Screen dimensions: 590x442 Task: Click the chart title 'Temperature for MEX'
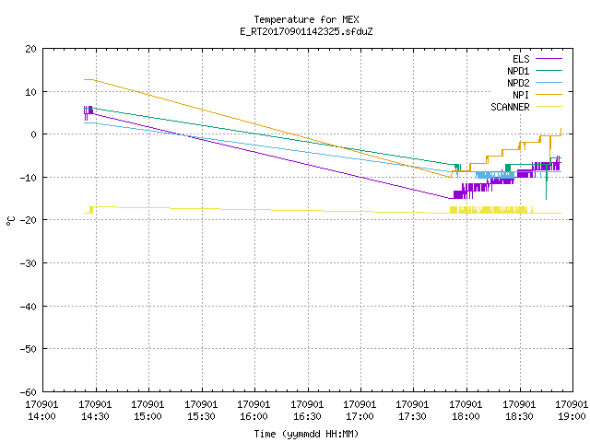tap(306, 19)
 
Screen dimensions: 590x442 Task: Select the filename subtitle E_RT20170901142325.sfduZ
tap(306, 31)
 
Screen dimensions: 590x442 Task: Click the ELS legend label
tap(521, 59)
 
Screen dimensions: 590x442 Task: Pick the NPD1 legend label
tap(518, 71)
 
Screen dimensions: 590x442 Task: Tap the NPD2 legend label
tap(518, 83)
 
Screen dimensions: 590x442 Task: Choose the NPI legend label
tap(521, 95)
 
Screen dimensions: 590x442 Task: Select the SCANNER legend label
tap(510, 107)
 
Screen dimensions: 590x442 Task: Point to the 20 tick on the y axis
tap(30, 49)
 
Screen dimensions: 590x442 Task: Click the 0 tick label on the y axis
tap(33, 134)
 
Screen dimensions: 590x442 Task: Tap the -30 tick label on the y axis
tap(29, 263)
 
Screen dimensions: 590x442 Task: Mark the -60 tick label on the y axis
tap(29, 392)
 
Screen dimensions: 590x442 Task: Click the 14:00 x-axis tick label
tap(42, 416)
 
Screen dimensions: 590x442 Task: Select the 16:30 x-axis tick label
tap(307, 416)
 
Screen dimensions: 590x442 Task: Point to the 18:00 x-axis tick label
tap(466, 416)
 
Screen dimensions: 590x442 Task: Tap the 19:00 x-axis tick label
tap(572, 416)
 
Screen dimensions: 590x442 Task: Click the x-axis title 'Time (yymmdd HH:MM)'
tap(306, 434)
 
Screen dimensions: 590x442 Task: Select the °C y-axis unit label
tap(10, 221)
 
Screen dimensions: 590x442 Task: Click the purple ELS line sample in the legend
tap(549, 59)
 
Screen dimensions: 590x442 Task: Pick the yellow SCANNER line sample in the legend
tap(549, 107)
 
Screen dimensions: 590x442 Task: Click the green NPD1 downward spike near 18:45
tap(546, 186)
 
